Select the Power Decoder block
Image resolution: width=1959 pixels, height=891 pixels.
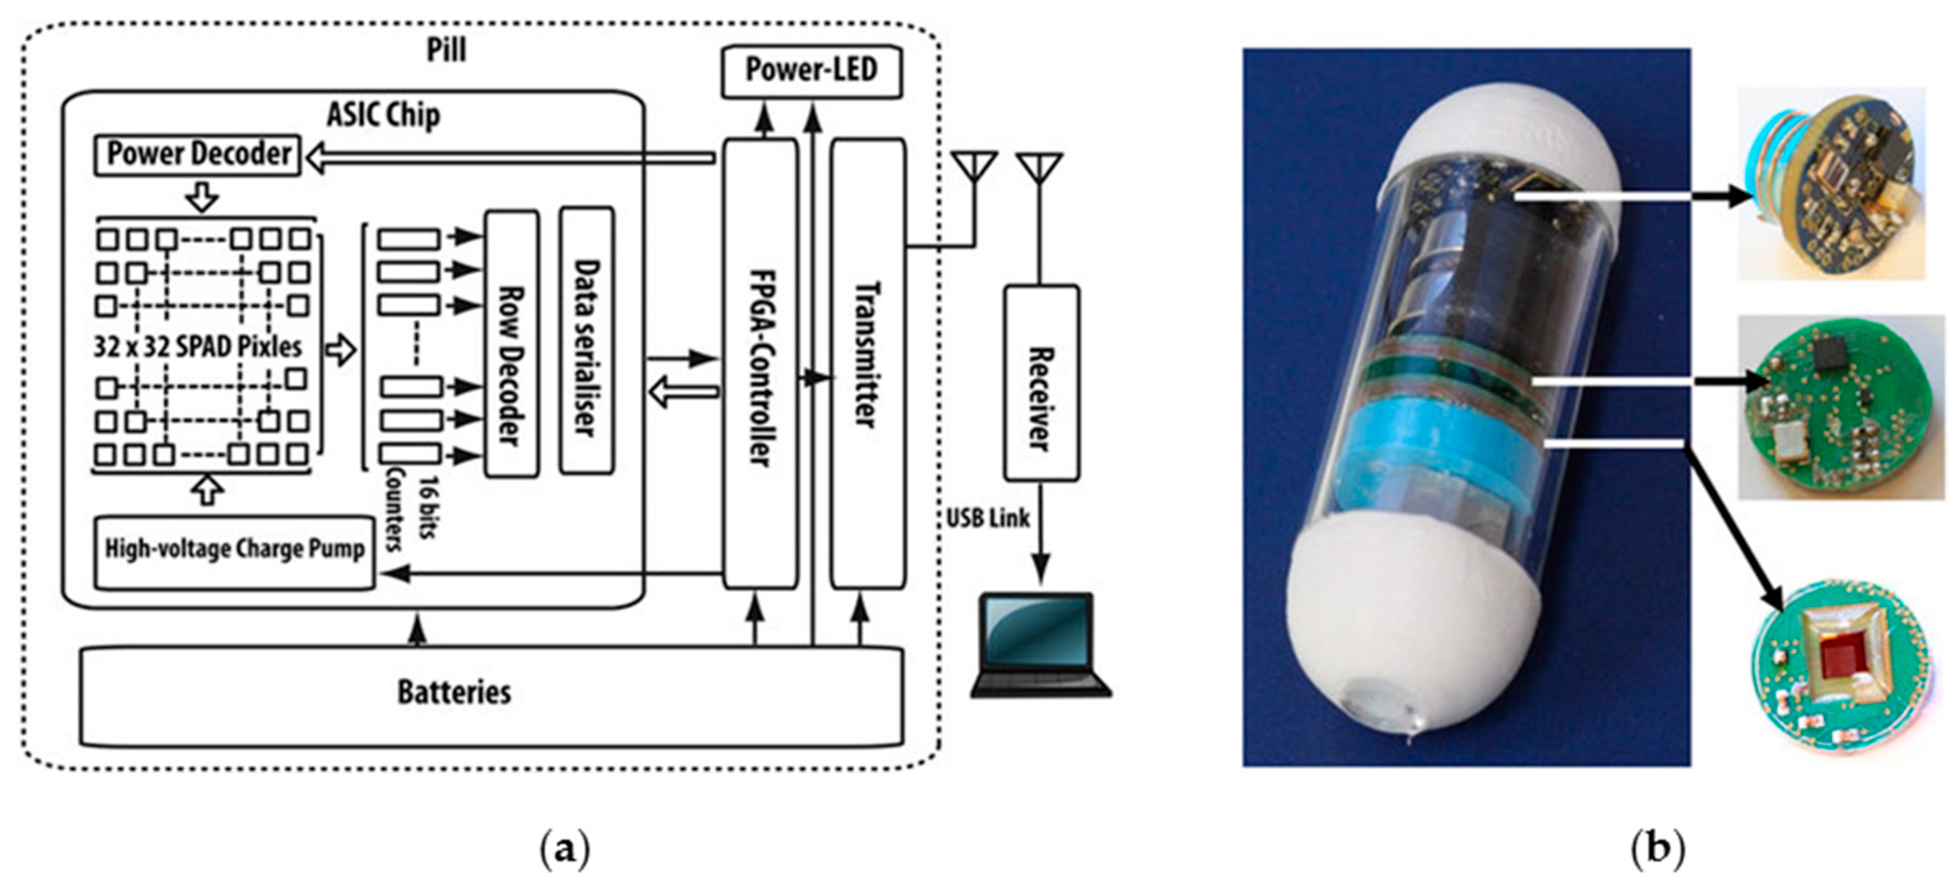click(198, 155)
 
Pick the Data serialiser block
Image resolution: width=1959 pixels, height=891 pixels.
click(586, 342)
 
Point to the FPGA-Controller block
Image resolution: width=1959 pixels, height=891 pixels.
click(760, 364)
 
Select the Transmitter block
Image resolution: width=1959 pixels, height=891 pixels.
click(867, 364)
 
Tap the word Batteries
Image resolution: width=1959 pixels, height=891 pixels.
click(454, 692)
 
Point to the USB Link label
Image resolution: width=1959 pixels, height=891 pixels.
click(987, 518)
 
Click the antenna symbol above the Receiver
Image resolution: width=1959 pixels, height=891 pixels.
click(1040, 169)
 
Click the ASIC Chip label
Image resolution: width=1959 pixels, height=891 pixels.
click(383, 115)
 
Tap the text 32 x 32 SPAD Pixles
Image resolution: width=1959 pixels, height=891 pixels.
click(198, 347)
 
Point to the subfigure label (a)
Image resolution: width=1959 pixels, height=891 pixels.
click(564, 849)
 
